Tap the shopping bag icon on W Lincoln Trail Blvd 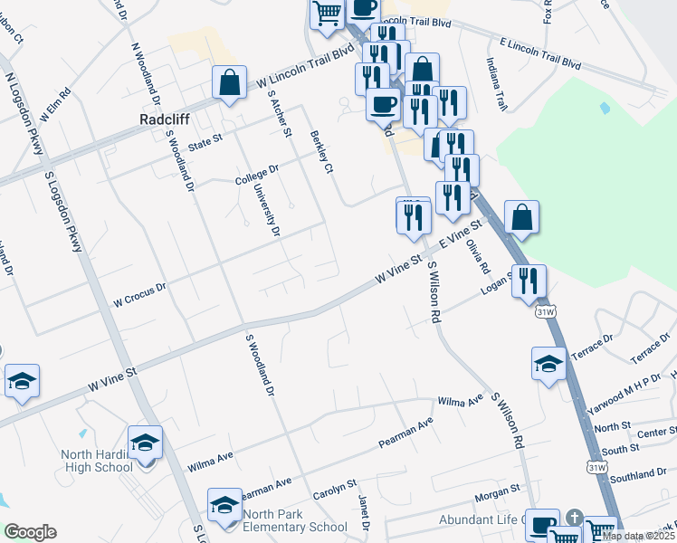coord(230,82)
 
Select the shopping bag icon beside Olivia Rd coord(521,217)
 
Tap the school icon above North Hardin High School coord(145,443)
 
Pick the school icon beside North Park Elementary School coord(224,506)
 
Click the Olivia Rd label coord(478,256)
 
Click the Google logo coord(30,531)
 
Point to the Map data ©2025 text coord(637,536)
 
